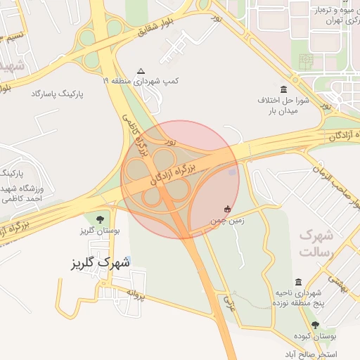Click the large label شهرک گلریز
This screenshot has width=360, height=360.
pos(101,264)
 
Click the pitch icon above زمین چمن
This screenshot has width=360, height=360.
pos(227,209)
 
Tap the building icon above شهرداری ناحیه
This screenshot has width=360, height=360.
pos(300,281)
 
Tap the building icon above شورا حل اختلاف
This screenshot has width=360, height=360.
pos(283,89)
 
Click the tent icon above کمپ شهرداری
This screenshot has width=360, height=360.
pos(141,71)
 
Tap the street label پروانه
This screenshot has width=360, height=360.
pos(135,293)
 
